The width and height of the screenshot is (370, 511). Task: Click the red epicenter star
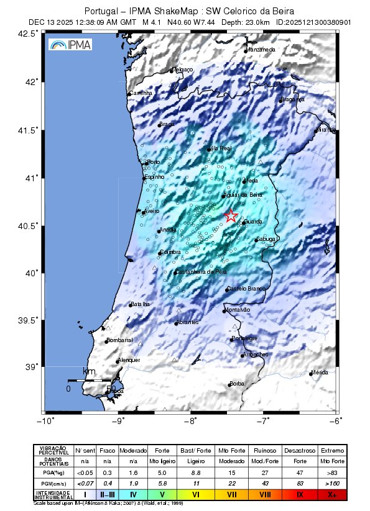point(231,215)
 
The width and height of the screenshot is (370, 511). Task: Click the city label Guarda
point(254,222)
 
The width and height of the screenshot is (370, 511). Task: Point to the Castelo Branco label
point(247,289)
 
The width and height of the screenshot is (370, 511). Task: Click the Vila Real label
point(221,148)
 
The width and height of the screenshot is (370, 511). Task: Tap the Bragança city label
point(292,99)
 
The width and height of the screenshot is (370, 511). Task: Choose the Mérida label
point(320,372)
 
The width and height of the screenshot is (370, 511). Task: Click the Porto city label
point(153,162)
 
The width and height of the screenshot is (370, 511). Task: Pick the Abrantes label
point(187,322)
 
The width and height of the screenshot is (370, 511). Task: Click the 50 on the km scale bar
point(111,389)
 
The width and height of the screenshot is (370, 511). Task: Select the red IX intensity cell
point(299,494)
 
